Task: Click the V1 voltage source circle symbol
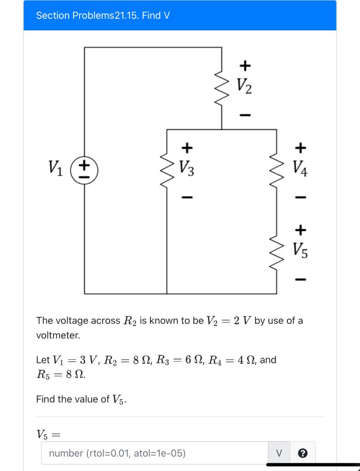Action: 84,169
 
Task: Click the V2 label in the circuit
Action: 245,86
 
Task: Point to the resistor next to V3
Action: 167,169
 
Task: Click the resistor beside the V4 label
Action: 277,169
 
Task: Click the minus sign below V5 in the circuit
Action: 300,279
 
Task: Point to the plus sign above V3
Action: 186,148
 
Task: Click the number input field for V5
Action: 155,453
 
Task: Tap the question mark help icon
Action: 302,453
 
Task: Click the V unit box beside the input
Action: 279,453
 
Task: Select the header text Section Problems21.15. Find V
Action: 103,16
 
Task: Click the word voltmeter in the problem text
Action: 58,335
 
